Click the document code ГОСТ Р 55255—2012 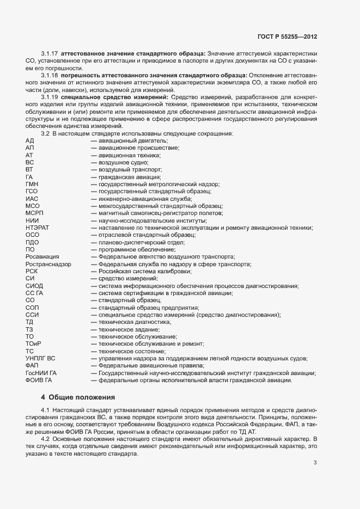coord(287,36)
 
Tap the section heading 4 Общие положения coord(78,397)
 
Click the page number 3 coord(315,463)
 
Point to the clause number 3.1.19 coord(50,96)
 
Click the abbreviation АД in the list coord(29,140)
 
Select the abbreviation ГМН coord(32,185)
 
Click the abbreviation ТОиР coord(33,344)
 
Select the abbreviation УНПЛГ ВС coord(41,358)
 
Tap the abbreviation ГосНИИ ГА coord(41,373)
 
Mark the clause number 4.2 coord(45,439)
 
